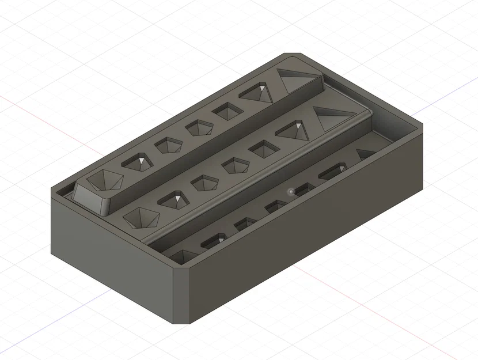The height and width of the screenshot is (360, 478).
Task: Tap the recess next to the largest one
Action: pyautogui.click(x=139, y=162)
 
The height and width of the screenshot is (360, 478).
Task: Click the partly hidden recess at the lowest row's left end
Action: pyautogui.click(x=181, y=256)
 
